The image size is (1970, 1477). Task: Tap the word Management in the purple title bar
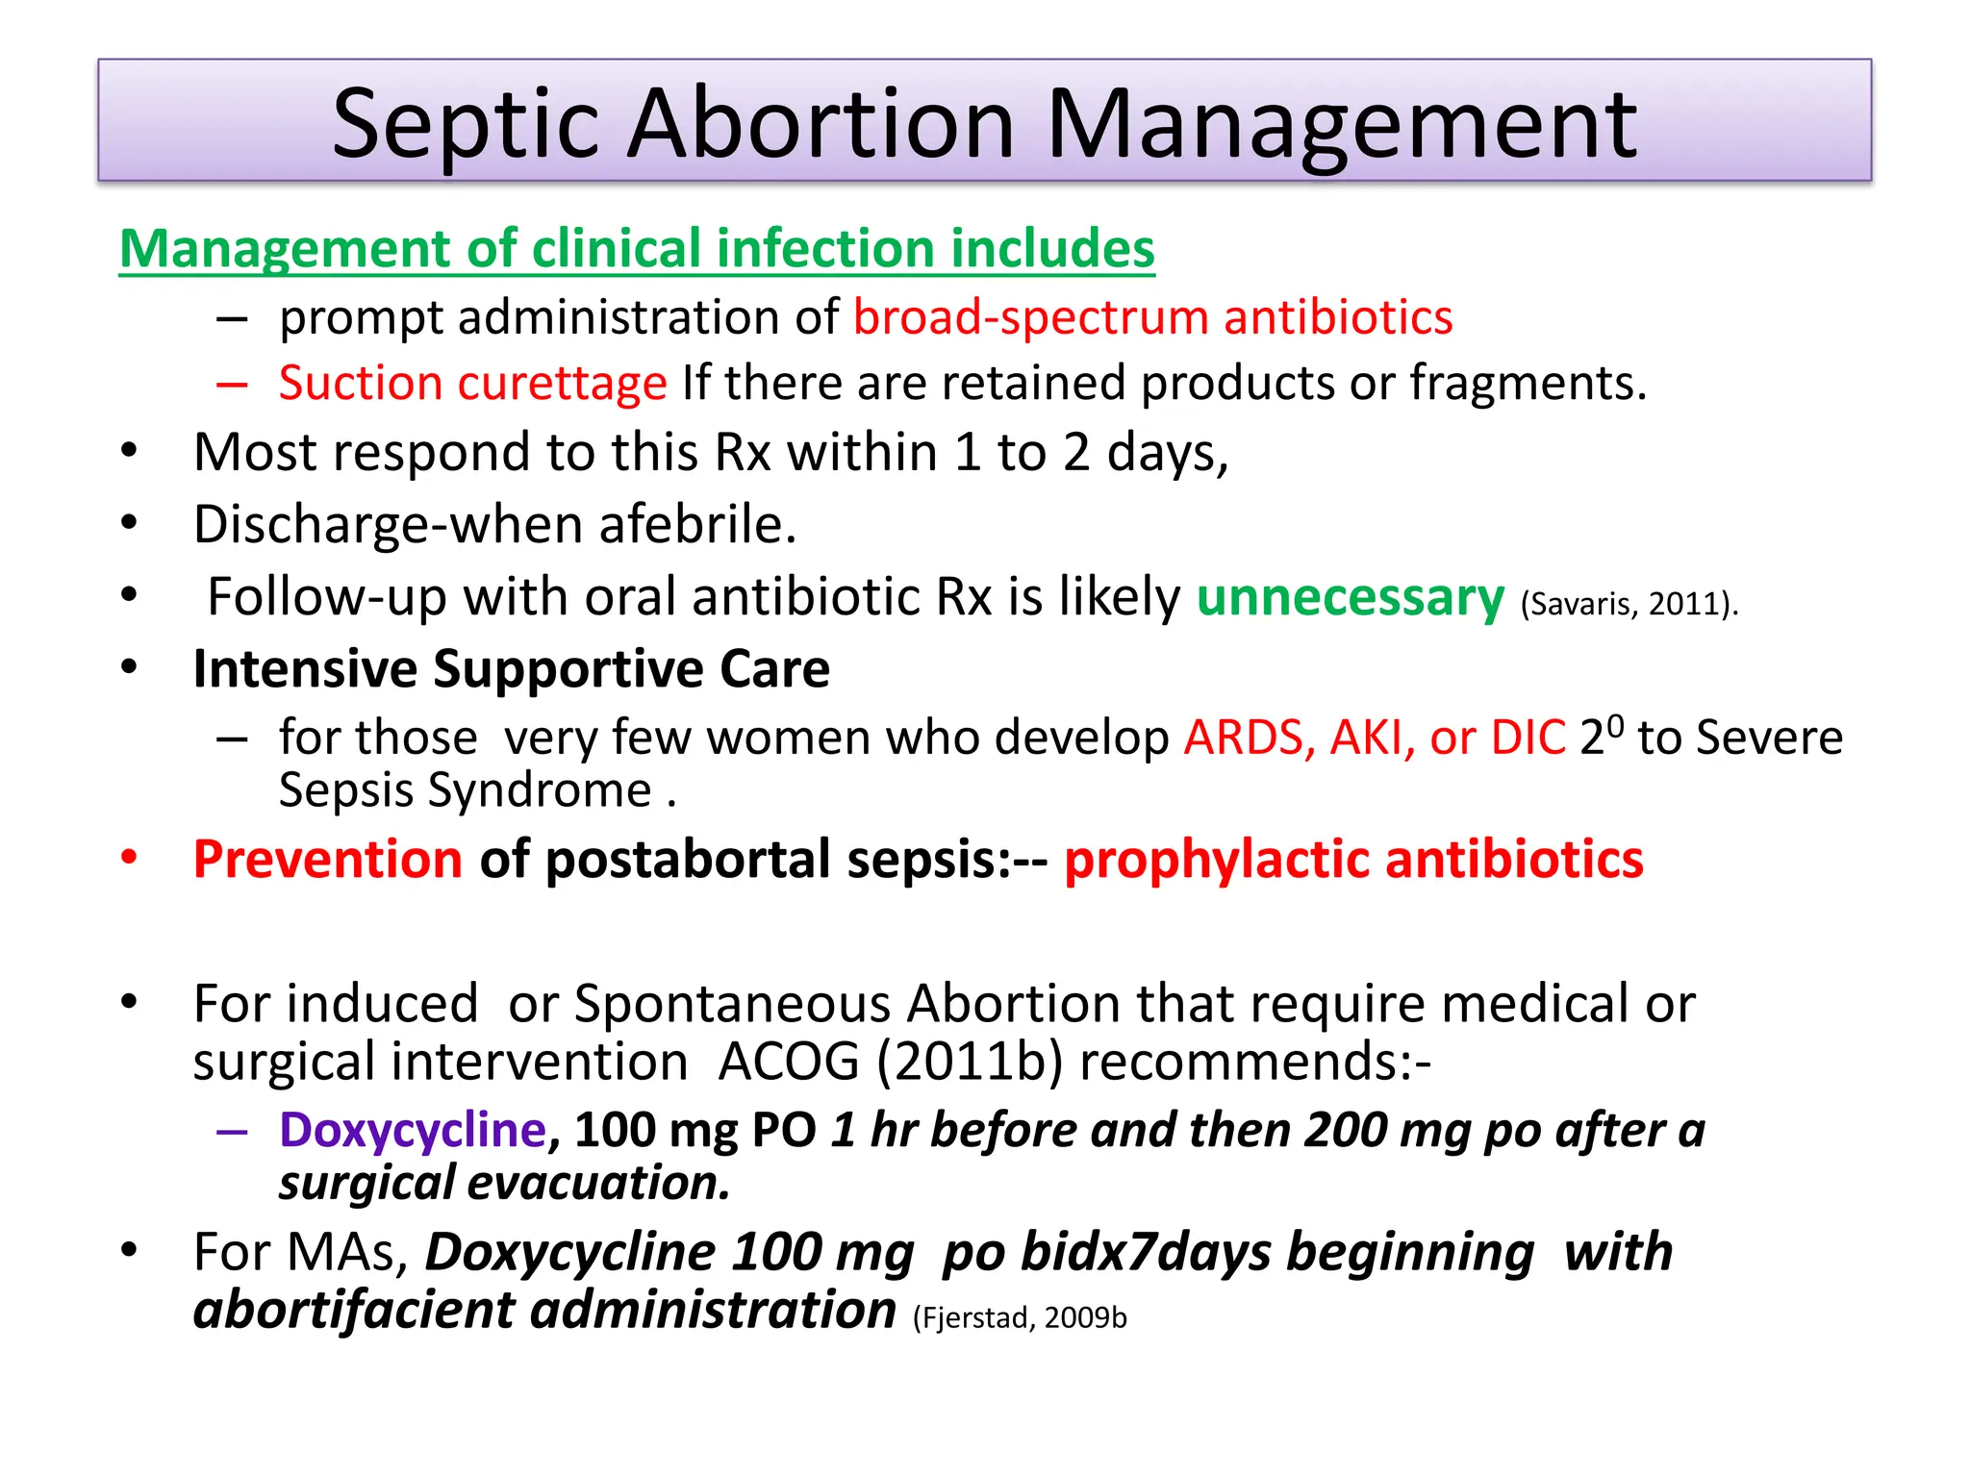(1341, 125)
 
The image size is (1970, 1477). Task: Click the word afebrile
(697, 525)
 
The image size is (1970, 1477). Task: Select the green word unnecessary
(1350, 597)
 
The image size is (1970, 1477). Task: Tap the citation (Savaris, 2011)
(1629, 604)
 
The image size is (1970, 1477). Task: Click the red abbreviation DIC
(1528, 738)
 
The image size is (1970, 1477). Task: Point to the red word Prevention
(328, 860)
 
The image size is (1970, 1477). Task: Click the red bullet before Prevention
(130, 857)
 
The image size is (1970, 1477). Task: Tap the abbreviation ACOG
(789, 1063)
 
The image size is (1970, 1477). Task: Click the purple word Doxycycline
(413, 1130)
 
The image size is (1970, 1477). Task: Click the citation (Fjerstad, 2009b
(1019, 1317)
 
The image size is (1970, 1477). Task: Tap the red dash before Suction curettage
(232, 385)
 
